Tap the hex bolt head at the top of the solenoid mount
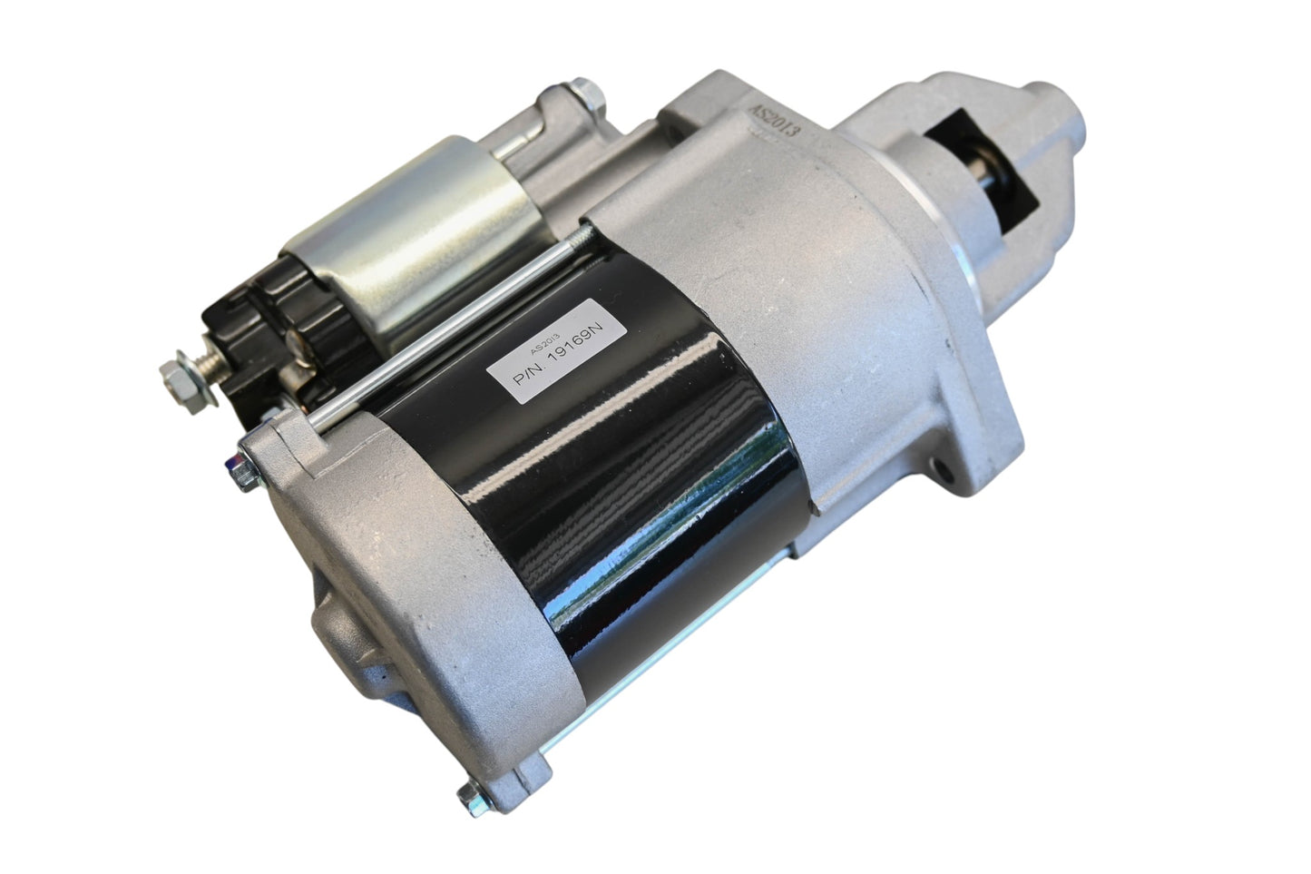coord(586,94)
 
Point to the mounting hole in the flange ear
coord(939,469)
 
